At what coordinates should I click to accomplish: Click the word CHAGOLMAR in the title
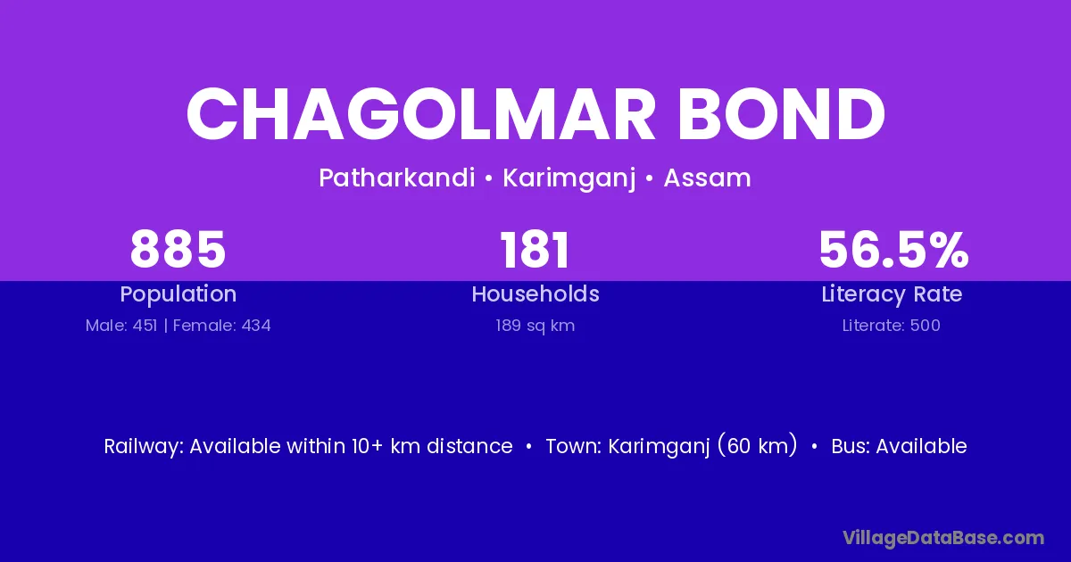coord(420,114)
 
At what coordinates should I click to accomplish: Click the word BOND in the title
coord(782,114)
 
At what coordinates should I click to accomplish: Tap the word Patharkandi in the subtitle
coord(397,178)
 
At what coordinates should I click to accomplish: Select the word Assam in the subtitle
coord(707,178)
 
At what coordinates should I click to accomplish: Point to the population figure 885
coord(178,250)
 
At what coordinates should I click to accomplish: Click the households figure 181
coord(535,250)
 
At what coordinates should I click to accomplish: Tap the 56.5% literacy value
coord(893,250)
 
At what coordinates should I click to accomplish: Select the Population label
coord(178,294)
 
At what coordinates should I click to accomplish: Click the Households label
coord(535,293)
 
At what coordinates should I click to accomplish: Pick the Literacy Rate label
coord(892,294)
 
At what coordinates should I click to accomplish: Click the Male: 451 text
coord(121,326)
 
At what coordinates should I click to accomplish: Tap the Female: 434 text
coord(222,326)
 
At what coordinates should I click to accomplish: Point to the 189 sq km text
coord(535,326)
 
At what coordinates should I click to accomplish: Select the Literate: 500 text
coord(892,326)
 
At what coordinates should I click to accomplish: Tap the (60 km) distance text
coord(758,446)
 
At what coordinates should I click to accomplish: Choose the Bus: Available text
coord(899,446)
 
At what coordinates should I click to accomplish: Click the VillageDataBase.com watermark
coord(943,538)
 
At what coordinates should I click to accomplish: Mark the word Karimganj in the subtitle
coord(569,178)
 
